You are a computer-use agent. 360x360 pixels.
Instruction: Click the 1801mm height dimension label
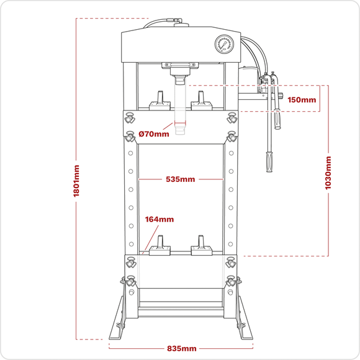tap(76, 181)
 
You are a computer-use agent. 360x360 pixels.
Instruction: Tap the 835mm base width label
tap(182, 349)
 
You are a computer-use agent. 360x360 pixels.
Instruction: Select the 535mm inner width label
tap(181, 179)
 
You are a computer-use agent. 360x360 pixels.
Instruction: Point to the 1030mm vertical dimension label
tap(328, 173)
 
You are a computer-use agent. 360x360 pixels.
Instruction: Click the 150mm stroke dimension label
tap(302, 100)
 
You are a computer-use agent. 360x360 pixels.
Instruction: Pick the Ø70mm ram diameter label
tap(154, 133)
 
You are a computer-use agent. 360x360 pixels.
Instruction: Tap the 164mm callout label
tap(160, 219)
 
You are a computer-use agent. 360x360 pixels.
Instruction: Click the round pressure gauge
tap(225, 44)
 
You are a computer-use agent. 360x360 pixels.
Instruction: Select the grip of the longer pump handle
tap(269, 161)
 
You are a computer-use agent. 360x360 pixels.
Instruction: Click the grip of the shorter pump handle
tap(277, 119)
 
